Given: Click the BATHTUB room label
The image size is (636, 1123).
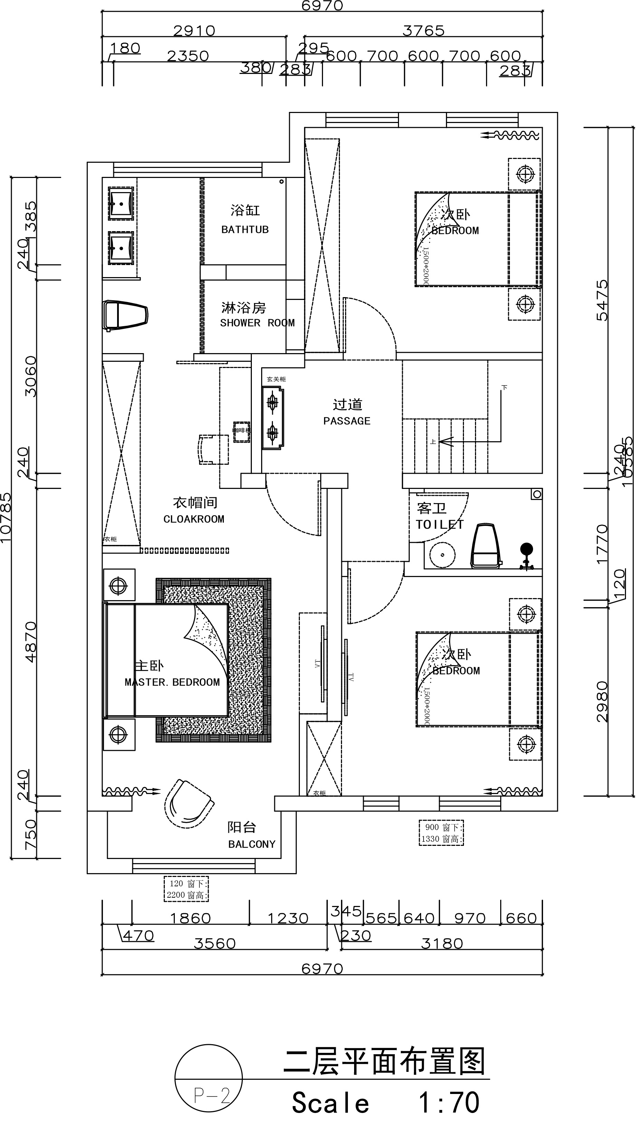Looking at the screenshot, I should click(245, 229).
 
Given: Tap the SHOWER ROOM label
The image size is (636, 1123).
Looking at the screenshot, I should click(257, 323).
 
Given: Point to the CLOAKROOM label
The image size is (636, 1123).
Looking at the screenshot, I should click(194, 519).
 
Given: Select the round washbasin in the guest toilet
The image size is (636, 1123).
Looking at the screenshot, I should click(442, 555).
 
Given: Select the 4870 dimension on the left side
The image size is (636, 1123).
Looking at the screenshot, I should click(31, 642).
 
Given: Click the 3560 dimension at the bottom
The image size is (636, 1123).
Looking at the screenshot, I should click(215, 943).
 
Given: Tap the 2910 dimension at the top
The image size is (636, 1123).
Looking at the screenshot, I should click(194, 30).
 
